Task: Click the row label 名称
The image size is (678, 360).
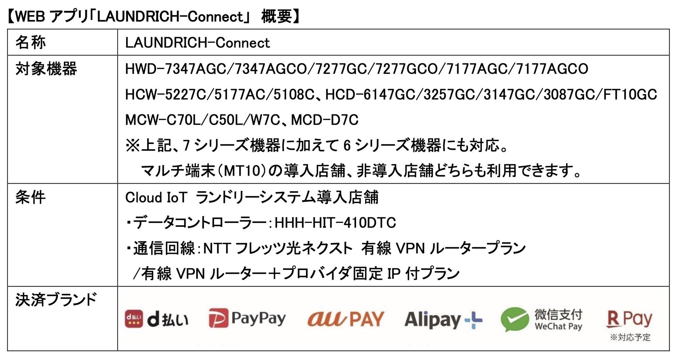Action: [31, 42]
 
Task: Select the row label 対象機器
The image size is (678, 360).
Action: [46, 69]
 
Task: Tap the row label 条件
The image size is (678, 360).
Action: [31, 197]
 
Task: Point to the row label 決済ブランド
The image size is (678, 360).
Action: [56, 300]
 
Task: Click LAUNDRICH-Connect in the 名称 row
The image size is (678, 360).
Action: [197, 43]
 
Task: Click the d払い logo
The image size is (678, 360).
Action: [156, 319]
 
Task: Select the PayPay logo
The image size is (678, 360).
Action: [247, 318]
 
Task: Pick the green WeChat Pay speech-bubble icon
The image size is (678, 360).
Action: [515, 319]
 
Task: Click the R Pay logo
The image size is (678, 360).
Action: [629, 319]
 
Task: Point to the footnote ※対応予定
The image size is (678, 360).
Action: [630, 337]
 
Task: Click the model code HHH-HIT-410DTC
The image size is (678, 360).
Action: [335, 223]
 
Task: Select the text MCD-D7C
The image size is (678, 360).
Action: [325, 120]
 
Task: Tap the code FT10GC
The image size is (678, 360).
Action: [630, 94]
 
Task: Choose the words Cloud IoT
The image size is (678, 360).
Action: [156, 198]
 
